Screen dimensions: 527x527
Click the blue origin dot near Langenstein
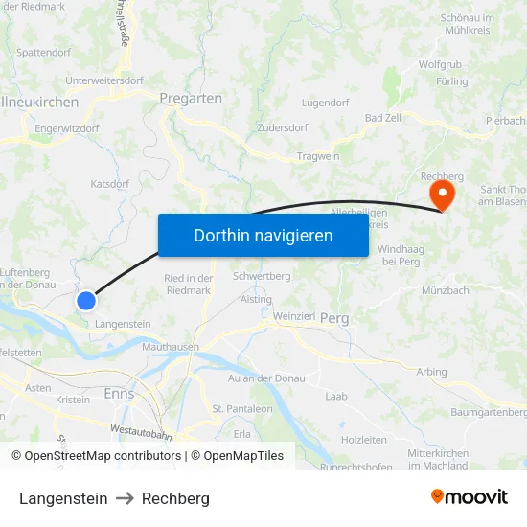coord(86,301)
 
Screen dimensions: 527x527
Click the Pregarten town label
coord(192,98)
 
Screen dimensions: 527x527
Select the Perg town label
coord(334,318)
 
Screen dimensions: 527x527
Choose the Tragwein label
coord(318,155)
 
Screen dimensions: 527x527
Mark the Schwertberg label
coord(262,276)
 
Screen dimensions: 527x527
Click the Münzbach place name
coord(446,289)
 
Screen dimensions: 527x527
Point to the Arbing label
coord(431,372)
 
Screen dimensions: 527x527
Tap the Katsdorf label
coord(109,183)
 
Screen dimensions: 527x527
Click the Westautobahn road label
coord(141,434)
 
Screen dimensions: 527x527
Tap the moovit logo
coord(470,496)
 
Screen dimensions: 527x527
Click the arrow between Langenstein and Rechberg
coord(125,498)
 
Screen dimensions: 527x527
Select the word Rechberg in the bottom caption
coord(175,498)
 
